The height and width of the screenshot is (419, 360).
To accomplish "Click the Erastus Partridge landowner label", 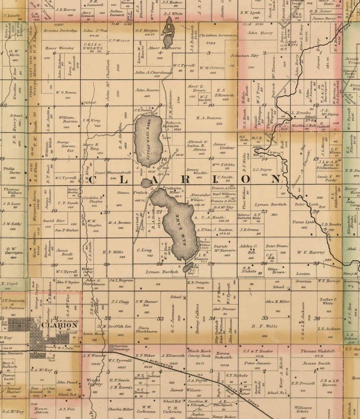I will (x=60, y=30).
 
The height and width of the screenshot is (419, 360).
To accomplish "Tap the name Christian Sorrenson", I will (x=218, y=35).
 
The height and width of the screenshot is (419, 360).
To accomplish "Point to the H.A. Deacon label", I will (x=209, y=117).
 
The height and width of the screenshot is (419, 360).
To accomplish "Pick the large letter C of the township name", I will (x=92, y=180).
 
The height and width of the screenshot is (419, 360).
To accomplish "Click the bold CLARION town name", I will (x=59, y=325).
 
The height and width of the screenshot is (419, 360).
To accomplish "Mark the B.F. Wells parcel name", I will (x=266, y=326).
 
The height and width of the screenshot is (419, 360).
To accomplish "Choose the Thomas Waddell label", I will (x=317, y=351).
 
